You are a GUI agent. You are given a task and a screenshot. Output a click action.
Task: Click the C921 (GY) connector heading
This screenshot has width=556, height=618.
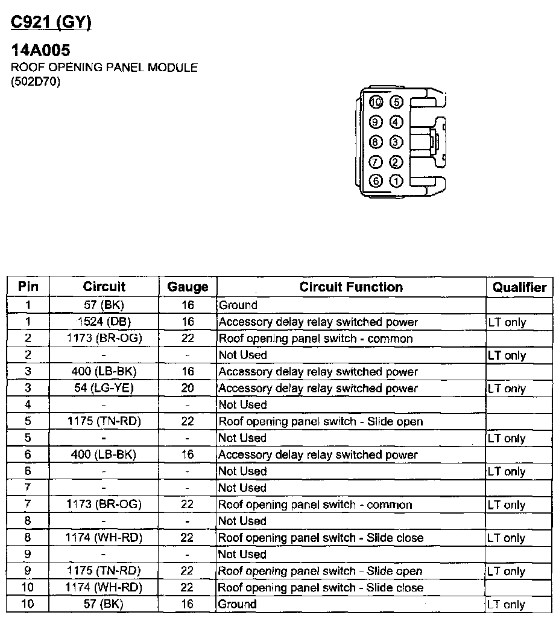click(x=51, y=22)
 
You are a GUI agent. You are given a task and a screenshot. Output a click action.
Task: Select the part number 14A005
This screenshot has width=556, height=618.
click(x=40, y=51)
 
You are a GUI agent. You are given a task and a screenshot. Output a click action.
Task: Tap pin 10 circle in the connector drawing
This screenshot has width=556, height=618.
click(x=376, y=102)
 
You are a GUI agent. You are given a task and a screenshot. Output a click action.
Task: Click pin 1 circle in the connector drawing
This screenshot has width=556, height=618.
click(x=396, y=180)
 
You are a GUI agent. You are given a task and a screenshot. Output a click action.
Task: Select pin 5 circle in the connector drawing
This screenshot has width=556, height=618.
click(x=396, y=102)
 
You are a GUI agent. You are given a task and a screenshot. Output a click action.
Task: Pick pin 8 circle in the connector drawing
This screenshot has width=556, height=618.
click(x=376, y=142)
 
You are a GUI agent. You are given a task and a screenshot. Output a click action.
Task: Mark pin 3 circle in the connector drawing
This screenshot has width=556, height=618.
click(x=396, y=142)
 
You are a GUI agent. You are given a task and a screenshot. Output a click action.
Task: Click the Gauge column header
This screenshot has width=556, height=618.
click(x=188, y=287)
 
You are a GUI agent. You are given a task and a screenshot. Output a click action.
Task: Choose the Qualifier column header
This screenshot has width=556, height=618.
click(x=519, y=287)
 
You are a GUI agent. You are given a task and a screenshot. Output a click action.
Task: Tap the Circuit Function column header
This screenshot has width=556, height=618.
click(x=351, y=287)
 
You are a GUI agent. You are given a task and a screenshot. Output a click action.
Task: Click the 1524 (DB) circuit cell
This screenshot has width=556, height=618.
click(x=104, y=322)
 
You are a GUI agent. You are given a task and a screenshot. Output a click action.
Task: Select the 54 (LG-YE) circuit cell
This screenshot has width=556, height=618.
click(x=104, y=388)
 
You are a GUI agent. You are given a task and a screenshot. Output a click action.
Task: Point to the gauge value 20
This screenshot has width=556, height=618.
click(x=188, y=388)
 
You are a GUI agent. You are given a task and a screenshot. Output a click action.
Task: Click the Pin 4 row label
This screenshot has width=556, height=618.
click(x=28, y=405)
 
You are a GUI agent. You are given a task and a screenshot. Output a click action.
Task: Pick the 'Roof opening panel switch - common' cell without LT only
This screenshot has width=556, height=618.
click(x=315, y=339)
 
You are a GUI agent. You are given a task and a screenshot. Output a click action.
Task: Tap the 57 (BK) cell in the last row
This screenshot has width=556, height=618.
click(x=104, y=604)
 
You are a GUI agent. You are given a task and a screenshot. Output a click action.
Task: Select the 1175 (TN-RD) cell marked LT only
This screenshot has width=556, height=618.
click(x=104, y=571)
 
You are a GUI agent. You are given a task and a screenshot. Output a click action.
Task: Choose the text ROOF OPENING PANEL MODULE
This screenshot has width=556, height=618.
click(x=104, y=68)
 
